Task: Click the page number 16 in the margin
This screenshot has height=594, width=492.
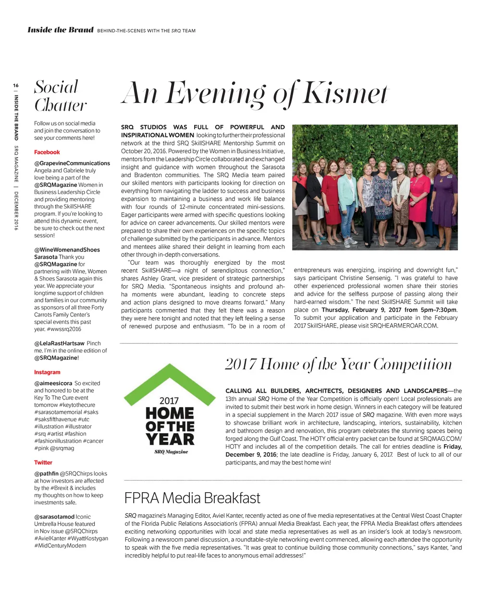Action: coord(16,85)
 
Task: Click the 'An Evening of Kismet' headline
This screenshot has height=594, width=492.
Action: coord(255,94)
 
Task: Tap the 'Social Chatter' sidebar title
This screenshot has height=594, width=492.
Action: coord(60,96)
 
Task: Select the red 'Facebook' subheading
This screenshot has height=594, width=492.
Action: coord(47,152)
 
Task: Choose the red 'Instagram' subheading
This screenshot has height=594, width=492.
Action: coord(47,372)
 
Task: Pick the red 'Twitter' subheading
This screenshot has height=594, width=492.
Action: coord(43,462)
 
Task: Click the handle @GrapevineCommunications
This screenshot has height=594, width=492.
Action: coord(72,163)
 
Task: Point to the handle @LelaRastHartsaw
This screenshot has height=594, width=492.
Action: coord(59,343)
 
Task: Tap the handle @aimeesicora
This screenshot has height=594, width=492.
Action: coord(53,383)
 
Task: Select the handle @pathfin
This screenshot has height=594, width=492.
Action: coord(46,473)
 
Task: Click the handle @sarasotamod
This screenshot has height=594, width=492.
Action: coord(54,517)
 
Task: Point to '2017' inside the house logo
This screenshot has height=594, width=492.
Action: coord(169,400)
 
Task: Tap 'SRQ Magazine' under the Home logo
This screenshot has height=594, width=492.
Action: coord(171,451)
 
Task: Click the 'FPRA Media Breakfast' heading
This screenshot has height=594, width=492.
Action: coord(192,498)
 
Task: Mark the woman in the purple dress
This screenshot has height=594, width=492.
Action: coord(444,197)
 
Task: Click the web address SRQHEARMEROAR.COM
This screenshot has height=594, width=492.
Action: coord(404,326)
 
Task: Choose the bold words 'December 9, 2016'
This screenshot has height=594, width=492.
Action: coord(251,455)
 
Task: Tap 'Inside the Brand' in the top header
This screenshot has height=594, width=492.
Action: coord(61,30)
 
